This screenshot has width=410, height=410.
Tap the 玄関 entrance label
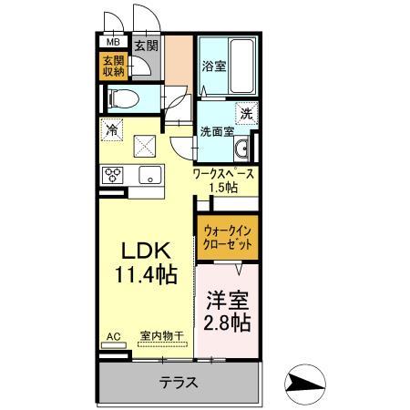[146, 43]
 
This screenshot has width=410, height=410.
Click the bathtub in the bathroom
[241, 65]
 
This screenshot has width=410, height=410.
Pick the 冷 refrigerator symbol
[112, 130]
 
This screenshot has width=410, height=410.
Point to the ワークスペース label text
[222, 173]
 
